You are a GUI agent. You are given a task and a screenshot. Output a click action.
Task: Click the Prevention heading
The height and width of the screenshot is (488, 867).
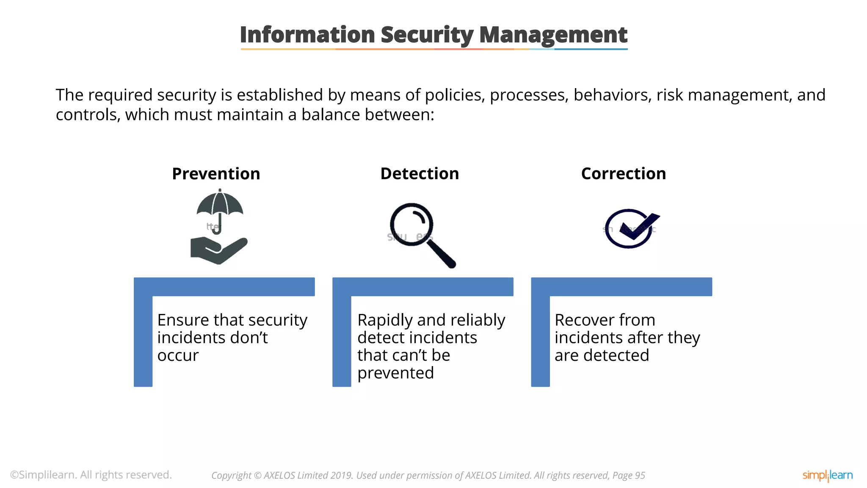click(216, 174)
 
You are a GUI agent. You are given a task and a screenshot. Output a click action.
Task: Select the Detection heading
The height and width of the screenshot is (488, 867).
click(420, 174)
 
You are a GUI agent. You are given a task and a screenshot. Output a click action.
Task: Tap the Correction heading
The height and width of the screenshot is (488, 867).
click(623, 174)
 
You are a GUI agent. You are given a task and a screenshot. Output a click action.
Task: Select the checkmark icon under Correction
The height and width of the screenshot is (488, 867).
click(631, 228)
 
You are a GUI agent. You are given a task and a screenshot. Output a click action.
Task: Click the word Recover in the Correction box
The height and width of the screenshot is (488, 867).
click(584, 320)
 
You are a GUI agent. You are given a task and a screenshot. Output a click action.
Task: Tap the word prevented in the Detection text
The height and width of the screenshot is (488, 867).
click(395, 373)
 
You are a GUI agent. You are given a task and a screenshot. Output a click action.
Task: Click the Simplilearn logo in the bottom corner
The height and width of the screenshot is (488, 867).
click(827, 475)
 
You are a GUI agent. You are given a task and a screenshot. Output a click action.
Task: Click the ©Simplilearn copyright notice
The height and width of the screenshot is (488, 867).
click(91, 475)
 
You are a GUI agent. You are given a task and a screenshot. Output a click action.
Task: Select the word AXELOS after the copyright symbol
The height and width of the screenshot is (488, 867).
click(279, 476)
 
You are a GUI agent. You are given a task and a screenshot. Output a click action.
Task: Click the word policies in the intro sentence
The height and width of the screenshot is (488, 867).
click(455, 95)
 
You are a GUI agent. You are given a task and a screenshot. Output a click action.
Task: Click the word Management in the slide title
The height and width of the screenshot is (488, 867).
click(553, 35)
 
